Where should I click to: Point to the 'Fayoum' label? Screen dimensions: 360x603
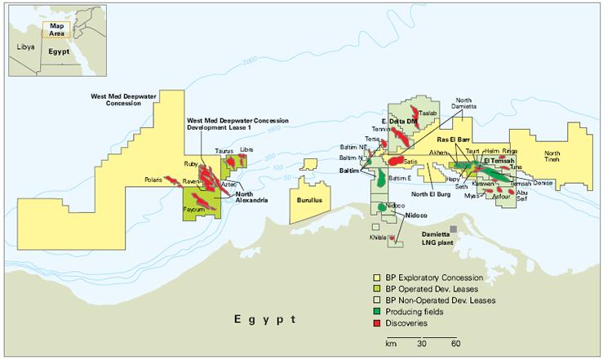coord(194,210)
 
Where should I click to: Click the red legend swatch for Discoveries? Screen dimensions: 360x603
coord(378,322)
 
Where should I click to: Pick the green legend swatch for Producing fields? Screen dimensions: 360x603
coord(378,311)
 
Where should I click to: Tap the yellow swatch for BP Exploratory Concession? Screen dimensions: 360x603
coord(378,278)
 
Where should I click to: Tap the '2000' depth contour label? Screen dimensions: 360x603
coord(249,61)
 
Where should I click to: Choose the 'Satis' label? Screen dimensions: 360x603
coord(410,162)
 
